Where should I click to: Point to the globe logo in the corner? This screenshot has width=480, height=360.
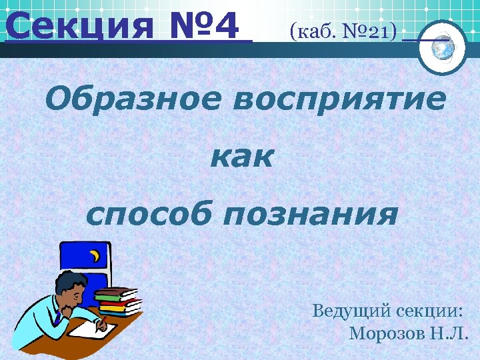click(x=443, y=47)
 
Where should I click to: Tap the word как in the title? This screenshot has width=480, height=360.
click(x=241, y=157)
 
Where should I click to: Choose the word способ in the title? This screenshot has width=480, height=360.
click(x=151, y=215)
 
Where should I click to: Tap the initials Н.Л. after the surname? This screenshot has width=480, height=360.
click(x=453, y=333)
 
